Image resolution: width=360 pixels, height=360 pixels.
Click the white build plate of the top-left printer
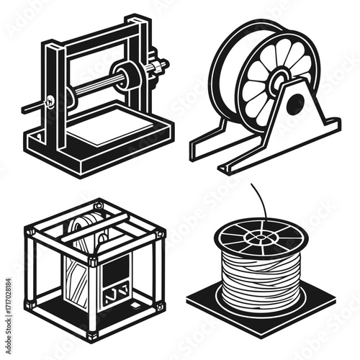click(x=108, y=130)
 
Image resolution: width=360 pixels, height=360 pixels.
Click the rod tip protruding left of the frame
click(x=27, y=109)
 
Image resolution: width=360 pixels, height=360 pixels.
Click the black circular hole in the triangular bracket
click(x=295, y=104)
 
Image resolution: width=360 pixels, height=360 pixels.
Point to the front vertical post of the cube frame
click(x=92, y=288)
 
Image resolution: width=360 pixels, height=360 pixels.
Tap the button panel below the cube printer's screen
click(x=114, y=295)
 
